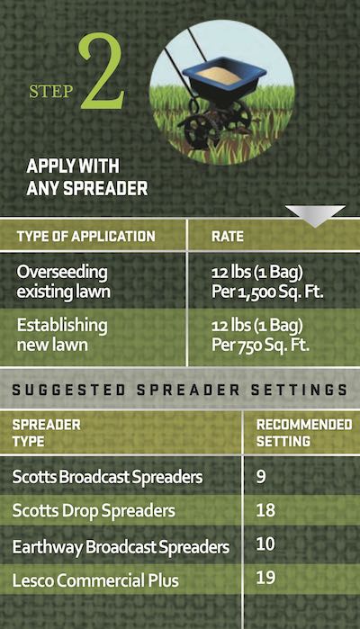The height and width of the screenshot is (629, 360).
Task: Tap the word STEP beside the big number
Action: pos(51,92)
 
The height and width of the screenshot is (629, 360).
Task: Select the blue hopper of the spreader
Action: pos(223,81)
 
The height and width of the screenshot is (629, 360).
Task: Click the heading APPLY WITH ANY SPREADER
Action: pos(86,177)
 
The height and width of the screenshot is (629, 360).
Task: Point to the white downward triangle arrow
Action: pos(315,215)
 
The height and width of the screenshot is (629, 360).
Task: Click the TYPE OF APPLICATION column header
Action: pos(85,237)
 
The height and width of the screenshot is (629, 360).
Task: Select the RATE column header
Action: pos(228,237)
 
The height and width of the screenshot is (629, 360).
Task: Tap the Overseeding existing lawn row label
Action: pos(63,282)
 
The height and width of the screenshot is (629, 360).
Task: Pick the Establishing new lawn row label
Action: pos(62,335)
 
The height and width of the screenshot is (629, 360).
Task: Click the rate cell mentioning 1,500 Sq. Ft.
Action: pos(267,282)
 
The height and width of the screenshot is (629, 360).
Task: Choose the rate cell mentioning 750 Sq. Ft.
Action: pos(260,335)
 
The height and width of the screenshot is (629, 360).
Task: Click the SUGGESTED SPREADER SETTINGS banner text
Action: pos(179,390)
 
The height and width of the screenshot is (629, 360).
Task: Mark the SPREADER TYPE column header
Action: pos(46,433)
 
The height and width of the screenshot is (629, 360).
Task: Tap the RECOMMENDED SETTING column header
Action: pos(304,433)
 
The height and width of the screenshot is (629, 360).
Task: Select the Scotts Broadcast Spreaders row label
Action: pos(107,477)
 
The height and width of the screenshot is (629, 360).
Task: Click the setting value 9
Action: pos(261,477)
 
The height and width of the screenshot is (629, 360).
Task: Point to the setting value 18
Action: pos(265,510)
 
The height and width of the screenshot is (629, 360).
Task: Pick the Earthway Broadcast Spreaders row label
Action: pos(121,547)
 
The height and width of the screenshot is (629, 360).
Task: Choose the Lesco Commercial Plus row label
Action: pos(95,580)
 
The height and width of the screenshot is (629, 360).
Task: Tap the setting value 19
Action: pos(265,577)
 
